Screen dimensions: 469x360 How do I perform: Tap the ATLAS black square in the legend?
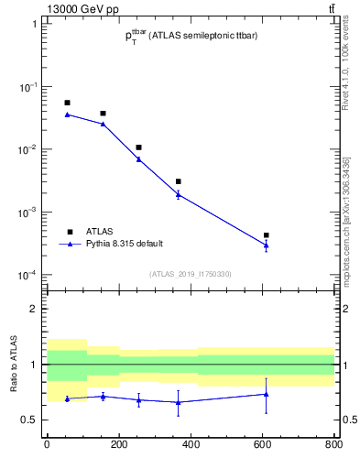point(69,231)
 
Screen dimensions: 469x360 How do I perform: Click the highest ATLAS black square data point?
point(67,103)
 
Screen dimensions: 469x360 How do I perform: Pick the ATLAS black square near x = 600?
point(266,235)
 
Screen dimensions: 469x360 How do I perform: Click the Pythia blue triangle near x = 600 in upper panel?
point(266,245)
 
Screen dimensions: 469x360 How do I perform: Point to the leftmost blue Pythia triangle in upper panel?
point(67,115)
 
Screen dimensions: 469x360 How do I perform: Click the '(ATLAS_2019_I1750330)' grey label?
point(191,274)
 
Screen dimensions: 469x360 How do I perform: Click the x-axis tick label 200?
point(118,446)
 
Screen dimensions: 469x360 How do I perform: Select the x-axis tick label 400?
point(191,446)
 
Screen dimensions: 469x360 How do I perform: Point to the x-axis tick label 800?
point(333,446)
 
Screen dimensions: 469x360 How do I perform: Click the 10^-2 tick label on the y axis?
point(29,149)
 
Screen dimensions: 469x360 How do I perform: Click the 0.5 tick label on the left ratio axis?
point(29,420)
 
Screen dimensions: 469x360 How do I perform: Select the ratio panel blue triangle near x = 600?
point(266,394)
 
